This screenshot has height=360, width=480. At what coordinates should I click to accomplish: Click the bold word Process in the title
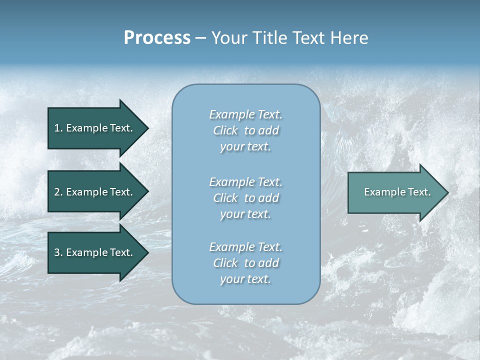(157, 38)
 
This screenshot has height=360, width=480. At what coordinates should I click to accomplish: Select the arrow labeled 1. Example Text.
(95, 128)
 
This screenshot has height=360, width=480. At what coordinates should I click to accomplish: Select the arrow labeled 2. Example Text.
(95, 192)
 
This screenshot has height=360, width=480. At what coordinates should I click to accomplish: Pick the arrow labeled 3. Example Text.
(95, 252)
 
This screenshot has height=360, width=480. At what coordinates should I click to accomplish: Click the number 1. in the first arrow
(58, 128)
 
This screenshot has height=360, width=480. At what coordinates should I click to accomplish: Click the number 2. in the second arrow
(58, 192)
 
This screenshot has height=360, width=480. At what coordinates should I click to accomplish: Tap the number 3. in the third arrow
(58, 252)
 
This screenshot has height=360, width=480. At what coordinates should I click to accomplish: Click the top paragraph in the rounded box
(245, 130)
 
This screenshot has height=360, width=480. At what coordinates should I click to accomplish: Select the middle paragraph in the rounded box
(245, 198)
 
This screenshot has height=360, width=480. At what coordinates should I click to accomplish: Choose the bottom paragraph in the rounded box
(245, 263)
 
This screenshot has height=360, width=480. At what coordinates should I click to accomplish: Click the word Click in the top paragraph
(225, 130)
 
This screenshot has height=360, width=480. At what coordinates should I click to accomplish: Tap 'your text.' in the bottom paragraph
(245, 279)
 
